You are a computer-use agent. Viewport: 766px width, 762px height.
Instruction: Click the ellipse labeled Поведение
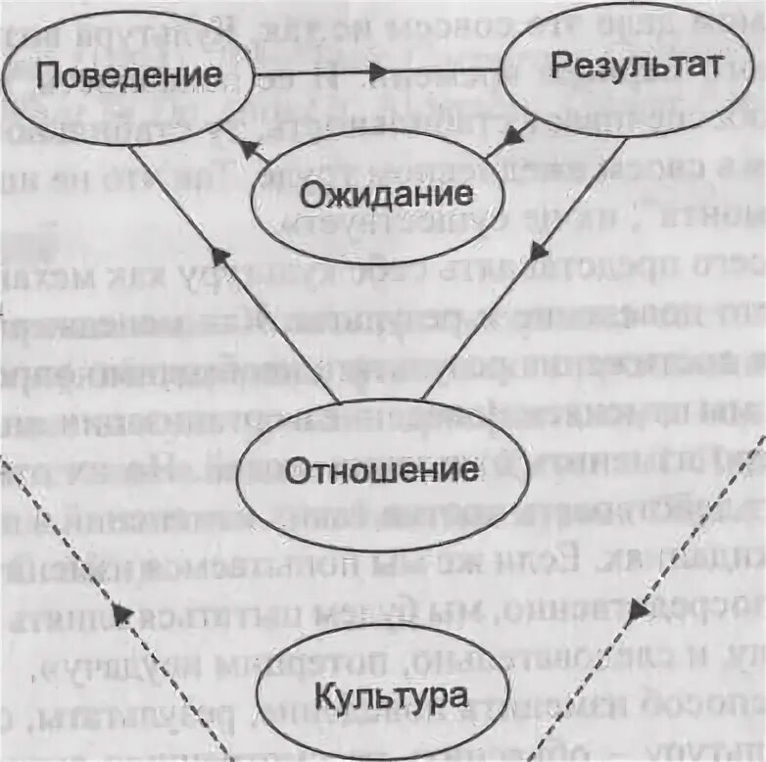pyautogui.click(x=126, y=75)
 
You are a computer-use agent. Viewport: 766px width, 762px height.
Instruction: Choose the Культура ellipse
pyautogui.click(x=384, y=699)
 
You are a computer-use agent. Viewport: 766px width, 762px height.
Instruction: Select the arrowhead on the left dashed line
pyautogui.click(x=122, y=614)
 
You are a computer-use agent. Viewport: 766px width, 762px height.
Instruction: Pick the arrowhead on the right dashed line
pyautogui.click(x=638, y=609)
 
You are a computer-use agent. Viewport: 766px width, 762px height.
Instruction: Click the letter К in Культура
pyautogui.click(x=325, y=699)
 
